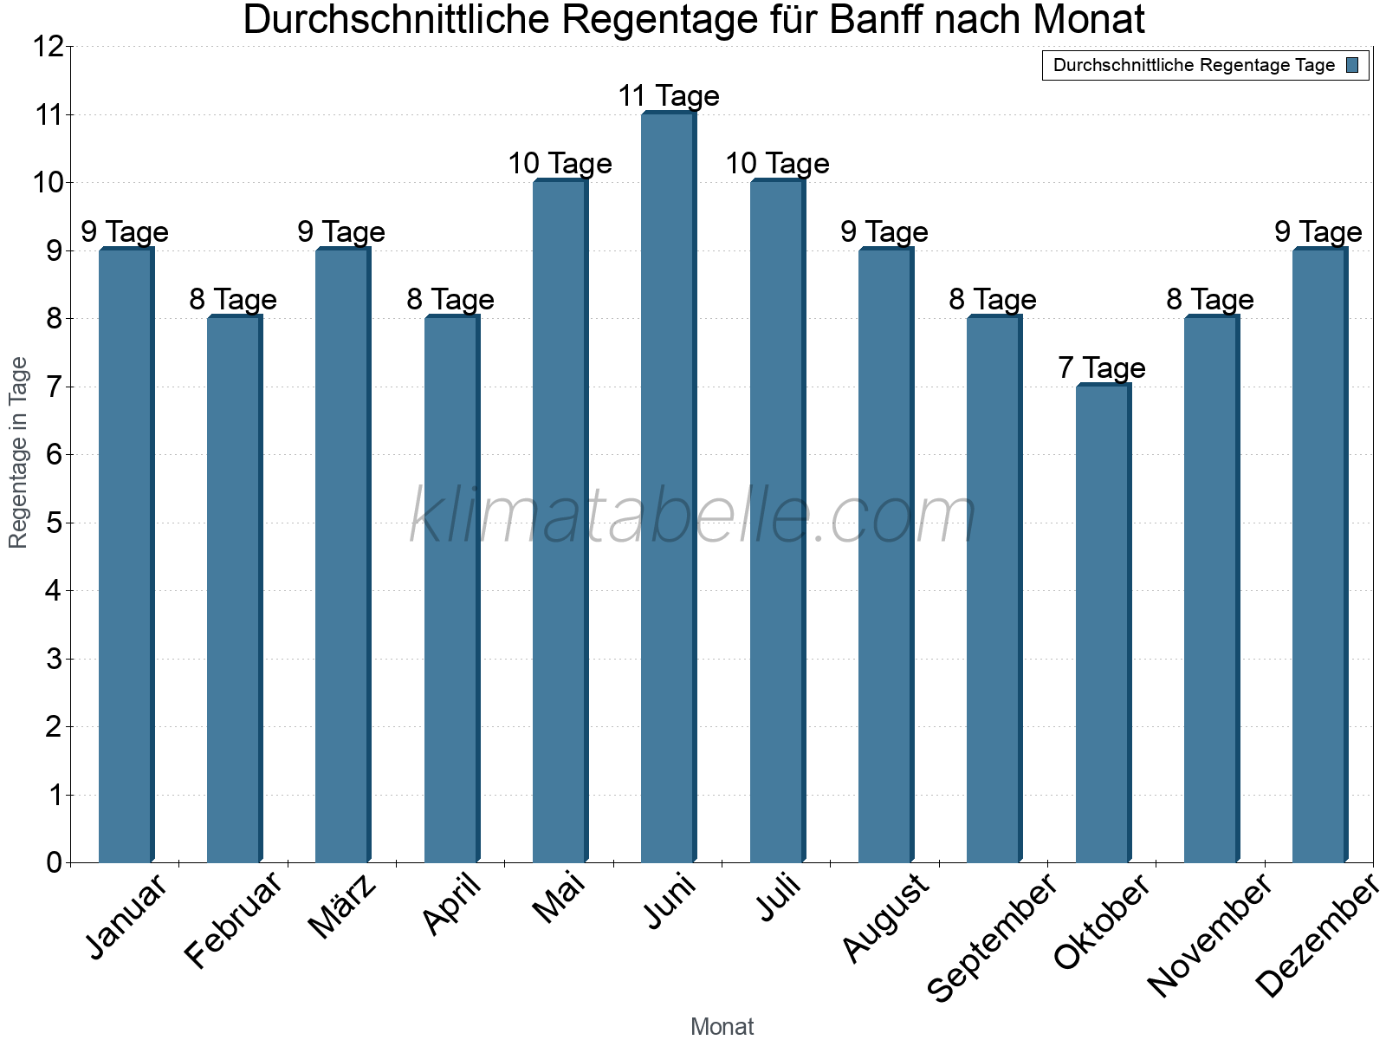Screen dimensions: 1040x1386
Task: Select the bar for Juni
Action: coord(668,488)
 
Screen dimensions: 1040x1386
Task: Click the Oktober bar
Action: coord(1102,624)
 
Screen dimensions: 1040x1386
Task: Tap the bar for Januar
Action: coord(126,556)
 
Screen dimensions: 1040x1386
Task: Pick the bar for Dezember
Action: coord(1319,556)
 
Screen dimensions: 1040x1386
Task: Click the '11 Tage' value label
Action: coord(668,96)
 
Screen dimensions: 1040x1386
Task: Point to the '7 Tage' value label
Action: coord(1101,368)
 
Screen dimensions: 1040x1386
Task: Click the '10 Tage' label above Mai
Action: coord(560,164)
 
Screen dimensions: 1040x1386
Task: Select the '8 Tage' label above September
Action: coord(993,300)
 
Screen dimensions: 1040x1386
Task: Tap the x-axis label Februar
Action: coord(234,920)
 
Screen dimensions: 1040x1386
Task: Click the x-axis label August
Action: coord(885,918)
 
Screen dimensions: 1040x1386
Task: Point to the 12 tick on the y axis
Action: coord(49,47)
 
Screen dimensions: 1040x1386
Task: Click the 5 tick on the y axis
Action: coord(55,523)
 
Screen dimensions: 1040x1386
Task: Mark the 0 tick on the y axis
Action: coord(55,862)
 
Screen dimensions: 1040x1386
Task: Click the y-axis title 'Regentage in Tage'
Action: coord(18,452)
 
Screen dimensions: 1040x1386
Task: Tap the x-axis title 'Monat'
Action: coord(722,1026)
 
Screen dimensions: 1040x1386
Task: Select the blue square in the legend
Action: coord(1353,65)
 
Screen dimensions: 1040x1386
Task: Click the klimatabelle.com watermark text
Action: coord(693,517)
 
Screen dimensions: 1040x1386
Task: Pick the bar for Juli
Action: coord(777,522)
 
